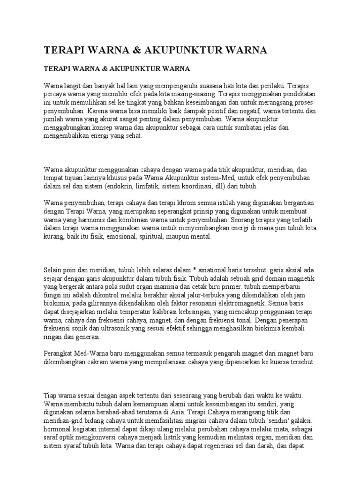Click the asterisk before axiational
[195, 270]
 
